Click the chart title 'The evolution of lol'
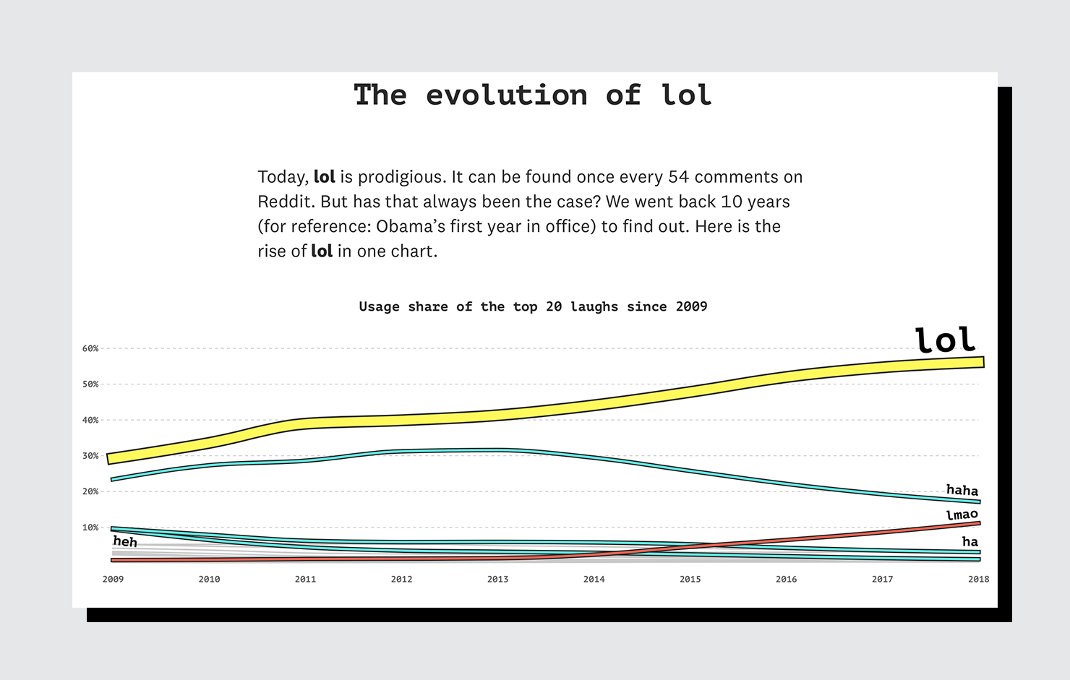tap(533, 95)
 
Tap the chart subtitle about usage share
tap(533, 306)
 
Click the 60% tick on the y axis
tap(90, 348)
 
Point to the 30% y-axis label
tap(90, 456)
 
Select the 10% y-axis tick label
tap(90, 528)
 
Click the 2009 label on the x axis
tap(113, 579)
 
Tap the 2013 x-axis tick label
tap(497, 579)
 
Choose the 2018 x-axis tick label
tap(978, 579)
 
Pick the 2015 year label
tap(690, 579)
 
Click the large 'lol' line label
tap(945, 340)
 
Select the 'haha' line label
tap(962, 490)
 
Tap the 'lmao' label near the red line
tap(962, 515)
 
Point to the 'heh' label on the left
tap(125, 541)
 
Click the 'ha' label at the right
tap(970, 541)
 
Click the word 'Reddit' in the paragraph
tap(286, 202)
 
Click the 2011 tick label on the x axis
tap(305, 579)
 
